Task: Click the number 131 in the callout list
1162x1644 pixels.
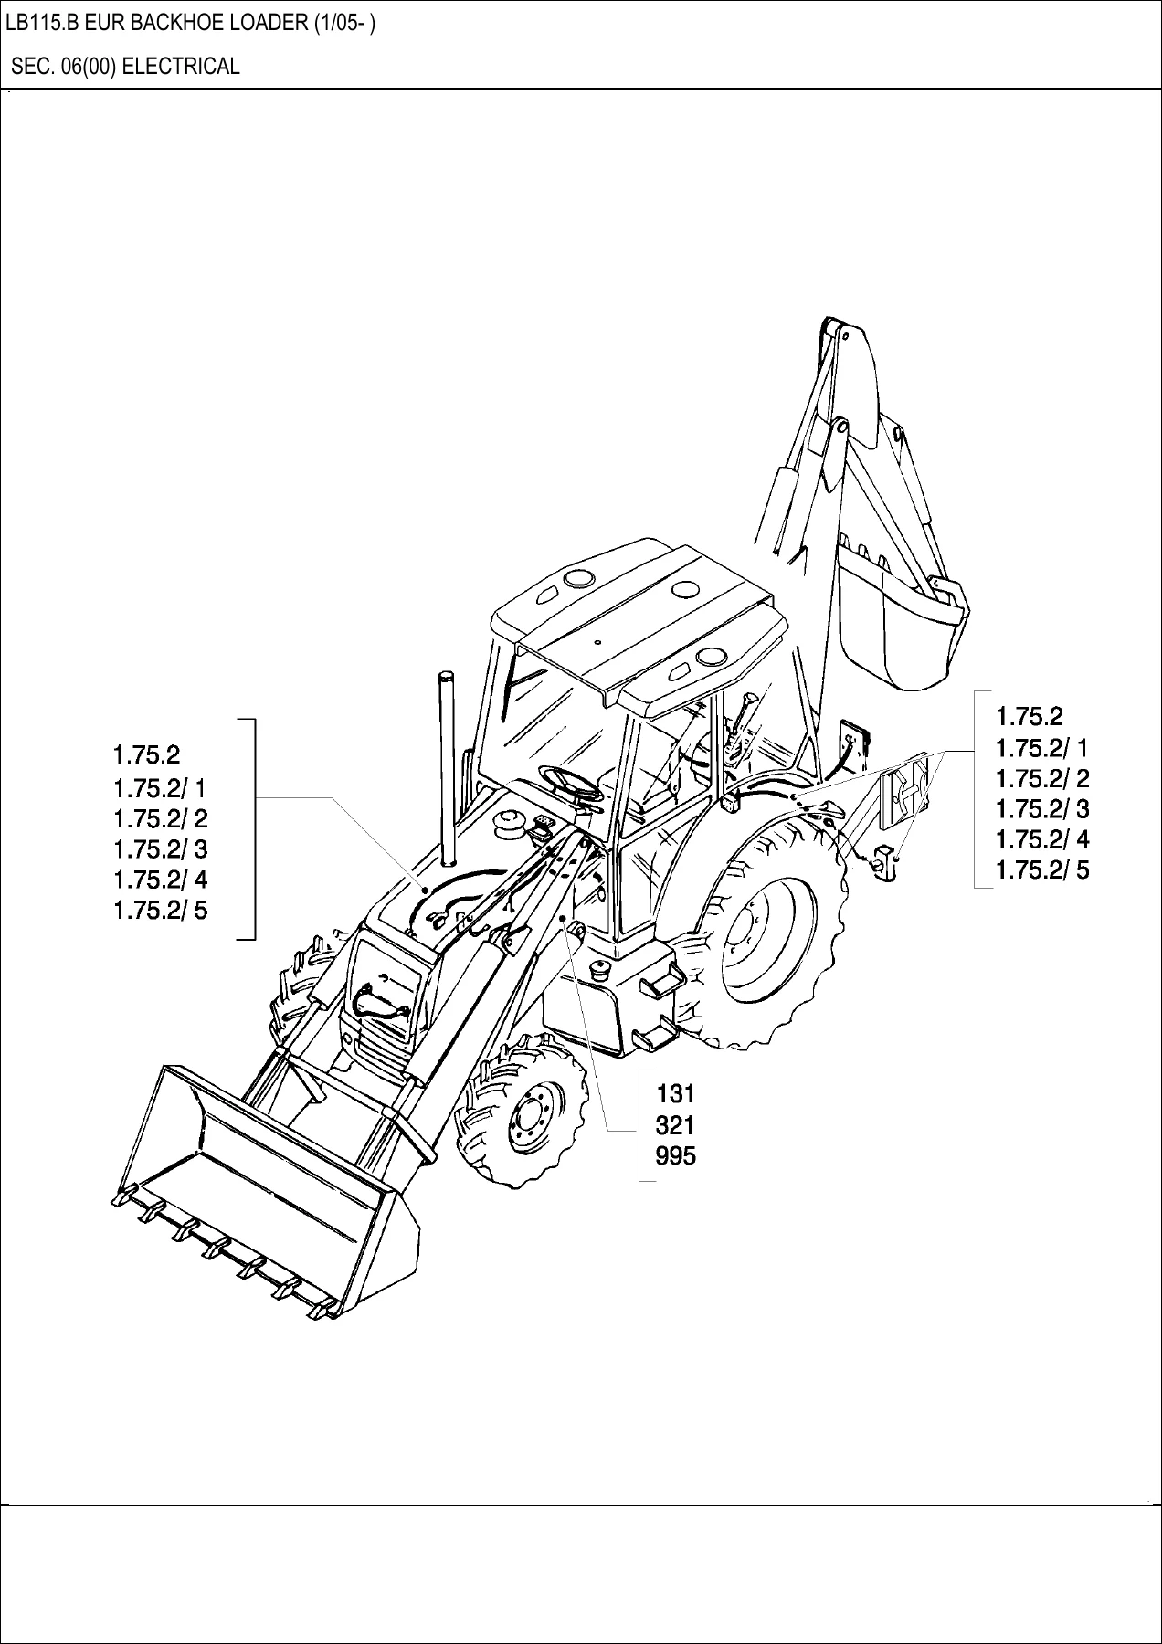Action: [x=676, y=1093]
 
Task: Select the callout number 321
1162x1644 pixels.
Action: [x=676, y=1124]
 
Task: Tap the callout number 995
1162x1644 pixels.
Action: [x=676, y=1155]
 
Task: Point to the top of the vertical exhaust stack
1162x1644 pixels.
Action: [x=447, y=674]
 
